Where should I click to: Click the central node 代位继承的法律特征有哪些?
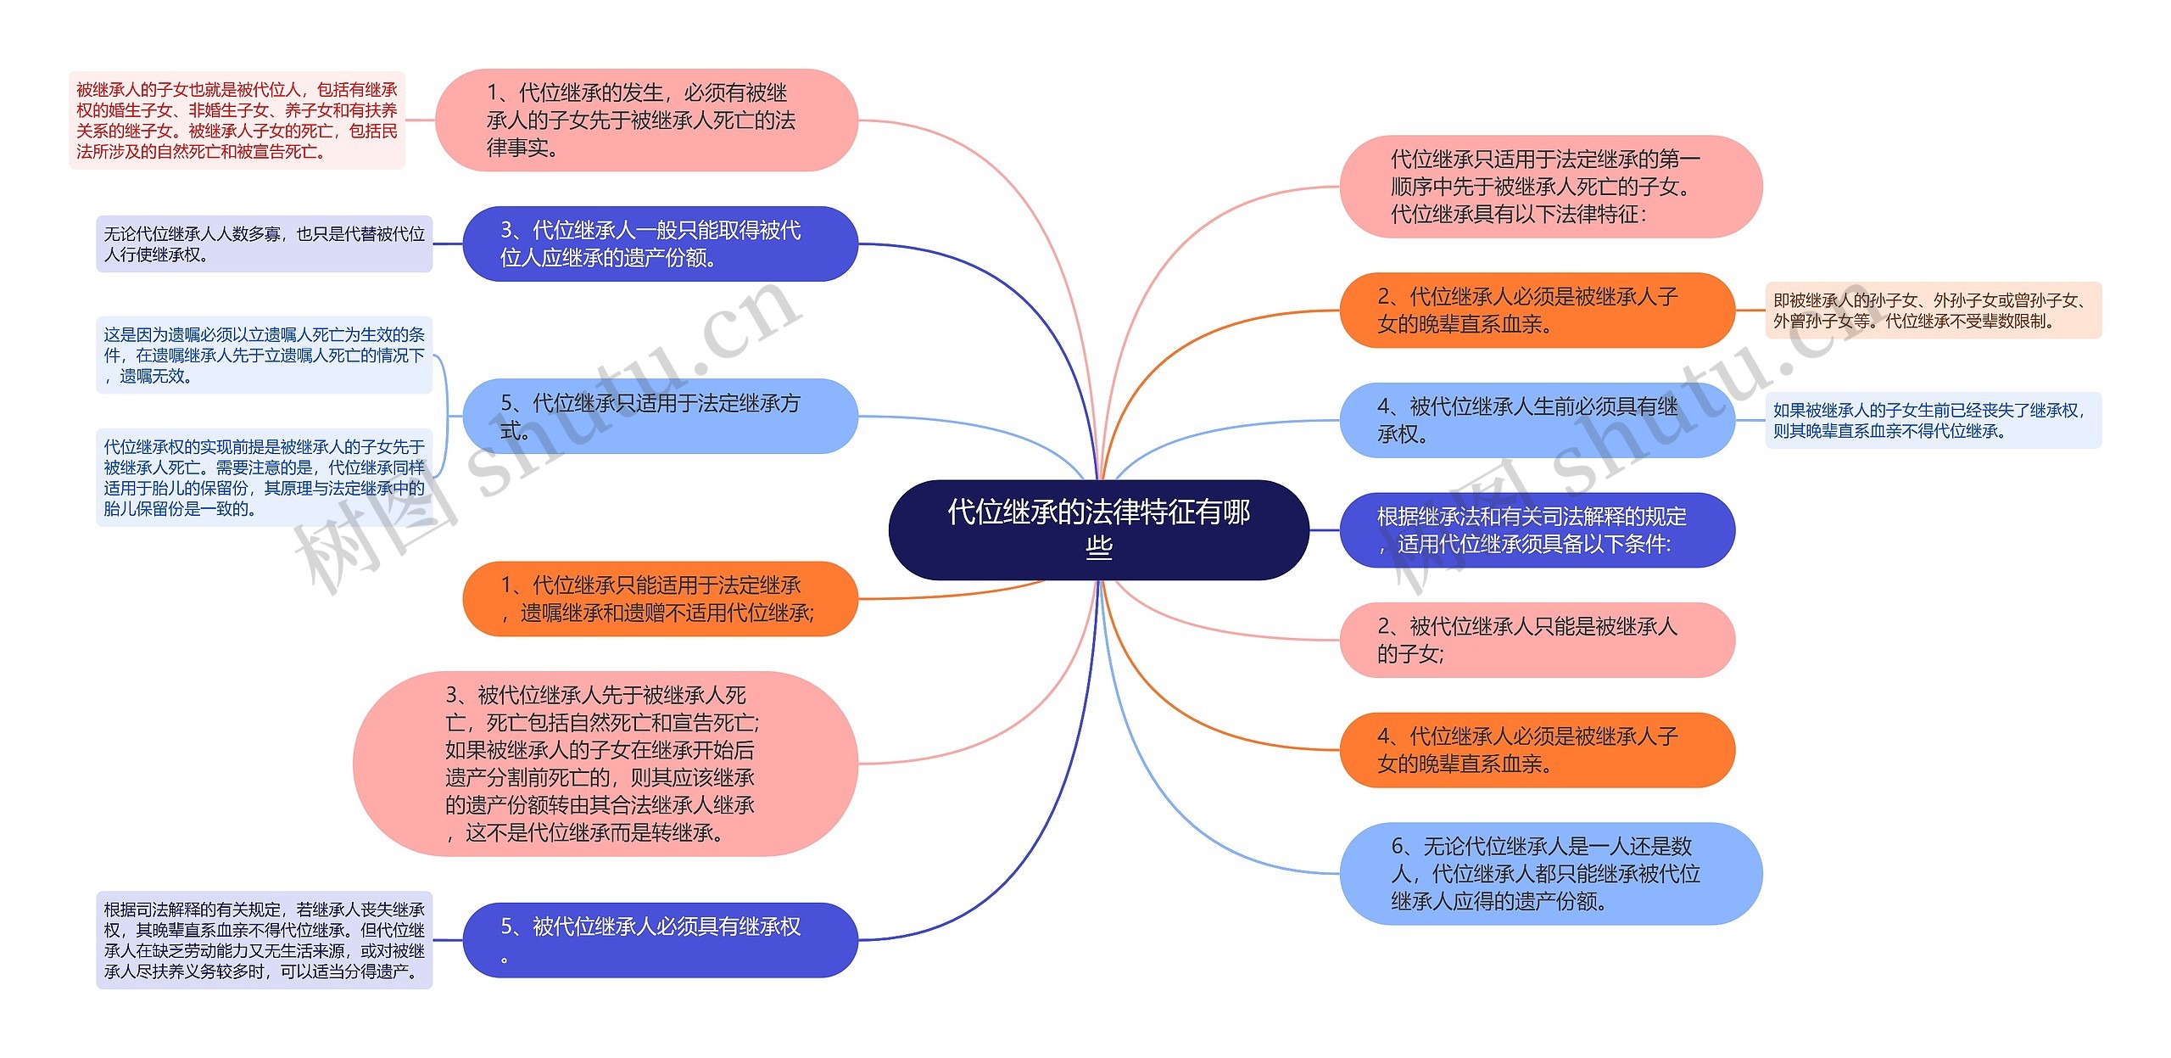(1098, 529)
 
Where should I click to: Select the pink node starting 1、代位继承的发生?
(646, 120)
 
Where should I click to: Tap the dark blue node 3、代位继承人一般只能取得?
(660, 244)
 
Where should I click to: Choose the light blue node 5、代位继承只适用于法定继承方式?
(660, 416)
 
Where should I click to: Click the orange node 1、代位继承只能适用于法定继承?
(660, 598)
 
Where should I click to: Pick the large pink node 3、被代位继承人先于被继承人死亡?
(605, 764)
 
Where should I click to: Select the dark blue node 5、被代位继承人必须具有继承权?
(660, 939)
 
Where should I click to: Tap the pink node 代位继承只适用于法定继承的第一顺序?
(1550, 186)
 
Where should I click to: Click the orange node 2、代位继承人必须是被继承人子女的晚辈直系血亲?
(1537, 310)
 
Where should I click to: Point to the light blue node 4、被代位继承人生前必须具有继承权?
(1537, 420)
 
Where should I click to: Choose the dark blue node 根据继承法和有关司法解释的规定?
(1537, 529)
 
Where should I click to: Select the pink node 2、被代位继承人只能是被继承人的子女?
(1537, 640)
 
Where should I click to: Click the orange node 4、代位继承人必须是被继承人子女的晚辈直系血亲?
(1537, 750)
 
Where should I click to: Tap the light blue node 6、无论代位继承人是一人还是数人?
(1550, 873)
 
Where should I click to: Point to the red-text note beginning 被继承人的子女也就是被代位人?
(237, 120)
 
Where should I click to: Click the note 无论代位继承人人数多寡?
(264, 244)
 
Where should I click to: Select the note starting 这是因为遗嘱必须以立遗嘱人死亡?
(264, 355)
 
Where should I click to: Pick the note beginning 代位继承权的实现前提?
(264, 478)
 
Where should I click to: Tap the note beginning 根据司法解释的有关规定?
(264, 940)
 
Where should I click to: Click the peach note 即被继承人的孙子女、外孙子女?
(1933, 311)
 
